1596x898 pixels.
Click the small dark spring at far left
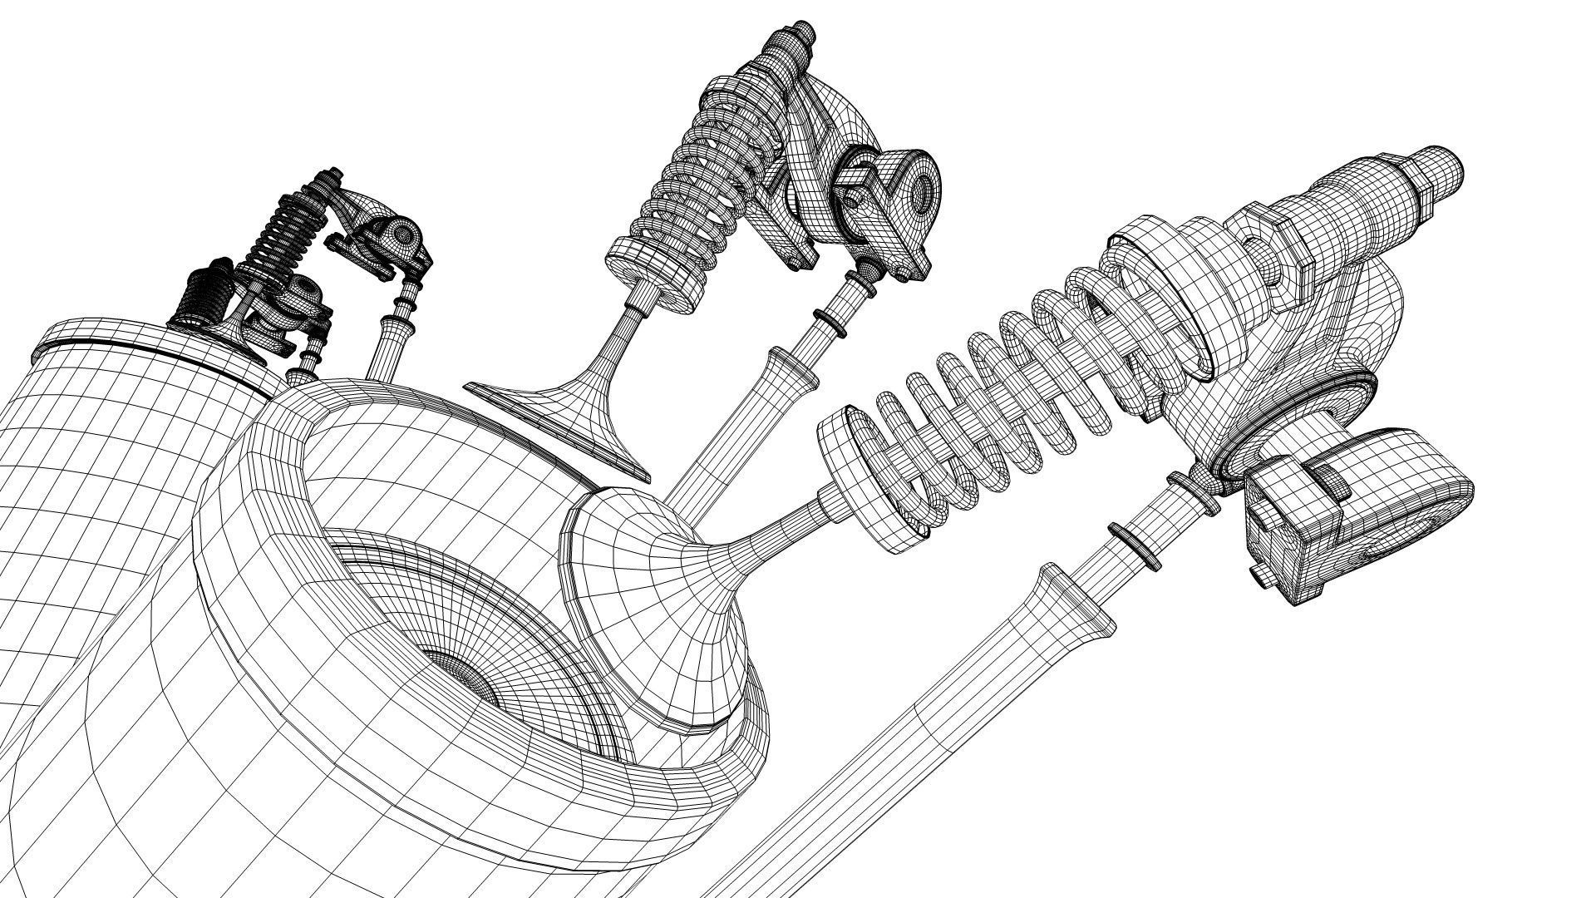pos(208,291)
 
